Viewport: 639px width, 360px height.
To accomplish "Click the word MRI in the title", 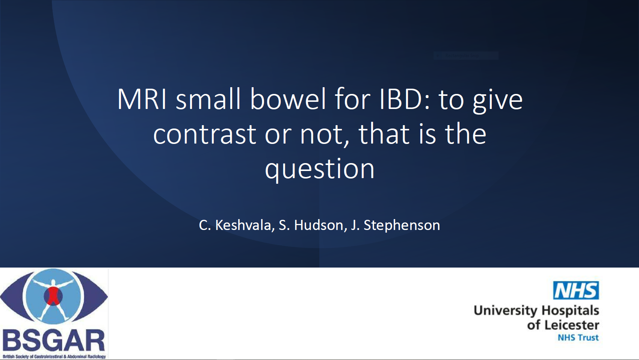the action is click(142, 99).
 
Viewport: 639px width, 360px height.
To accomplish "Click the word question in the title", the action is click(319, 169).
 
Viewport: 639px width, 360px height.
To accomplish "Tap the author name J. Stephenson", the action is click(395, 225).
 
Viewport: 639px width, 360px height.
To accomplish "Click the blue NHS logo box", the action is click(576, 290).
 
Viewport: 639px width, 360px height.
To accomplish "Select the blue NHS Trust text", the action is click(578, 337).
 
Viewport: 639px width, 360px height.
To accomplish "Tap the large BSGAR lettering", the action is click(54, 341).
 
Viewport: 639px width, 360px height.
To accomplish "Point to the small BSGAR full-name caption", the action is click(54, 357).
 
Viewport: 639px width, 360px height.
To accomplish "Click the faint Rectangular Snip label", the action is click(462, 56).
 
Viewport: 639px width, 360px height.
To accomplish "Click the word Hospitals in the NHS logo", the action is click(570, 311).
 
